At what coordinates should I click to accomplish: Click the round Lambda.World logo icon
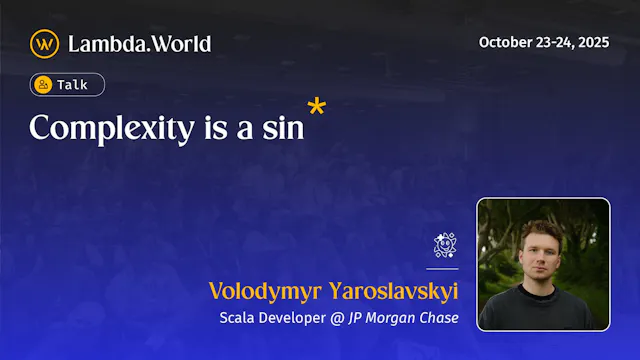[x=44, y=43]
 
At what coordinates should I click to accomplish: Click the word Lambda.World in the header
[x=139, y=43]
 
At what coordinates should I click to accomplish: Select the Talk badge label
[x=72, y=85]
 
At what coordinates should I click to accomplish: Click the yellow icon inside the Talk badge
[x=44, y=85]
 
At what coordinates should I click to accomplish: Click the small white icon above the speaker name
[x=445, y=246]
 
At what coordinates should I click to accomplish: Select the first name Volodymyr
[x=261, y=291]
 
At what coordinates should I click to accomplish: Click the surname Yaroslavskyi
[x=388, y=291]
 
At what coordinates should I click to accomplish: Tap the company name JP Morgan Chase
[x=403, y=318]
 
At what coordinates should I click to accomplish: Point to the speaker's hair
[x=540, y=229]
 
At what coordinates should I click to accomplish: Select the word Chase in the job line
[x=438, y=318]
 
